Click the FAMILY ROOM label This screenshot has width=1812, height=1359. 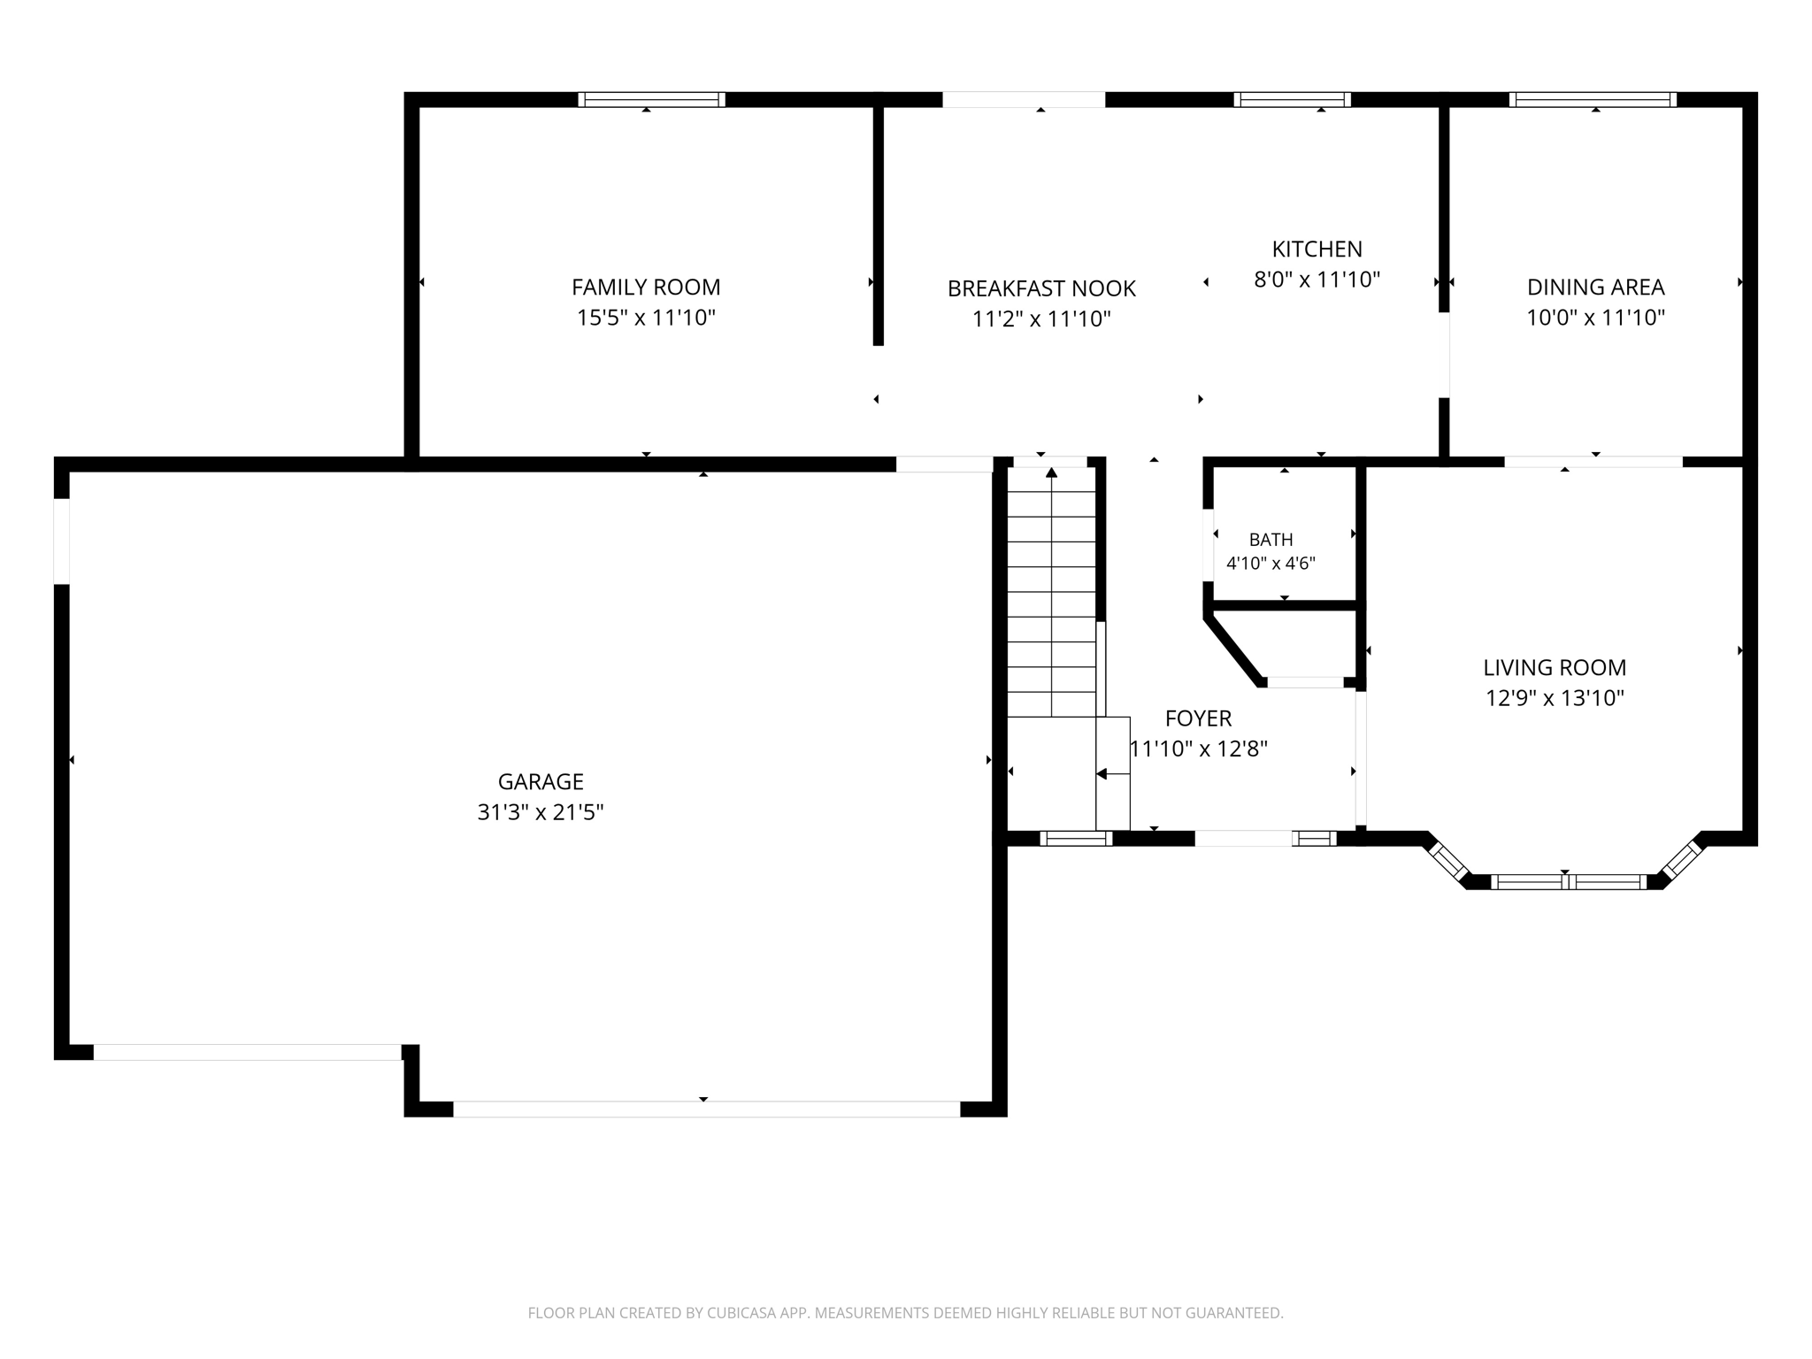tap(646, 288)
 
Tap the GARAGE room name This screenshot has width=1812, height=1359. tap(541, 782)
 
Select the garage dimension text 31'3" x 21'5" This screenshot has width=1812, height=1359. tap(541, 812)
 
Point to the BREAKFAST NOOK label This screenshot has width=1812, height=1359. tap(1041, 288)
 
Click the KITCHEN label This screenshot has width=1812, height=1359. tap(1317, 250)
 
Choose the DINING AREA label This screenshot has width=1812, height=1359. tap(1596, 288)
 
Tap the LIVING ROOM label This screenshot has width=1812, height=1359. tap(1555, 668)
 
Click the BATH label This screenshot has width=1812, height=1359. tap(1271, 540)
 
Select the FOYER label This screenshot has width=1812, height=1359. tap(1199, 718)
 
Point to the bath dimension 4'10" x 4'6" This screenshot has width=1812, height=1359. tap(1271, 564)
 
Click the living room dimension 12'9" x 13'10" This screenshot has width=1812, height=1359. tap(1555, 698)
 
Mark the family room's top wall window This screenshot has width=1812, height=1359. tap(652, 100)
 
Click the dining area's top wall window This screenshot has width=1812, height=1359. tap(1593, 100)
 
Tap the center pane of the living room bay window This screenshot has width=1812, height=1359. tap(1567, 881)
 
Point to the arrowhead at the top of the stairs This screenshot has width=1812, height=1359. tap(1052, 472)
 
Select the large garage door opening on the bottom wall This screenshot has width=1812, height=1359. tap(707, 1109)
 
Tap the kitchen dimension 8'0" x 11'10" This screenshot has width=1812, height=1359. tap(1317, 280)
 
